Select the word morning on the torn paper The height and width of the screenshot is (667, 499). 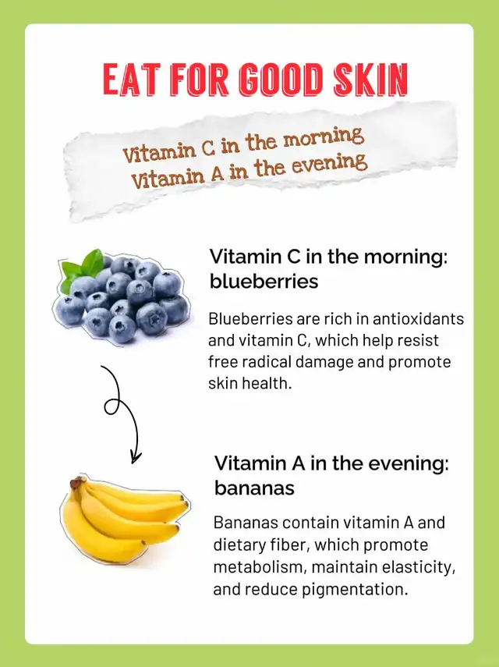pos(324,137)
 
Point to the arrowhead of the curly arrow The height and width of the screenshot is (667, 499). pos(136,457)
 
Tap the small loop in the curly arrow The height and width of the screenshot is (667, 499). pos(112,406)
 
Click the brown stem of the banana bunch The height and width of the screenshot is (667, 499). pos(77,482)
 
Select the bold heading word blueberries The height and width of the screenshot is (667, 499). pos(264,281)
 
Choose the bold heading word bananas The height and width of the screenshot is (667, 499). pos(254,488)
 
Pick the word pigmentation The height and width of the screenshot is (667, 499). pos(355,590)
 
